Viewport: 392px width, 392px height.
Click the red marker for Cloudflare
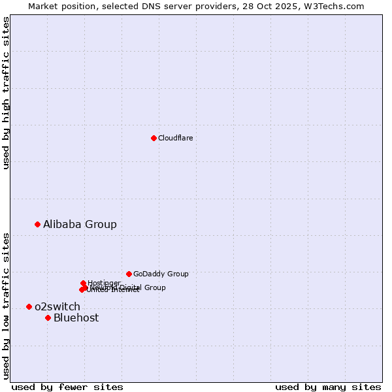coord(154,138)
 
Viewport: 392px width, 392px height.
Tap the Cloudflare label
coord(175,138)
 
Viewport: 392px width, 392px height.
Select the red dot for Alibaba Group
coord(37,224)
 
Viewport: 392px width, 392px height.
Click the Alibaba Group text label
coord(80,224)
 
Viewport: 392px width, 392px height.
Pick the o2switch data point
coord(29,306)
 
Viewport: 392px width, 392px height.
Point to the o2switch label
coord(57,306)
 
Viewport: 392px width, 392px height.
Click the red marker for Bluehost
coord(48,318)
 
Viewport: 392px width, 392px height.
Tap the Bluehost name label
coord(76,318)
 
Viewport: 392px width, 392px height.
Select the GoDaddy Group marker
coord(129,274)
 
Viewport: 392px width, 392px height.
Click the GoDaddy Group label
coord(160,274)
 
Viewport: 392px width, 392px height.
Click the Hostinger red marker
coord(83,283)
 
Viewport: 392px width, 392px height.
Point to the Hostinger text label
coord(104,283)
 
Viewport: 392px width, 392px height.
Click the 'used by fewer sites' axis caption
coord(67,387)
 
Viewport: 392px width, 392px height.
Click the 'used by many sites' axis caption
coord(328,387)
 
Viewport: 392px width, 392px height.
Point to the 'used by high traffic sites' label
coord(6,93)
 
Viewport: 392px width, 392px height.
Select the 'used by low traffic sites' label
coord(6,305)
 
